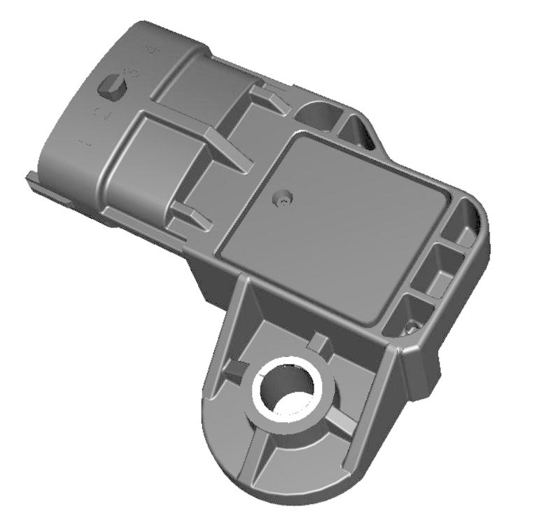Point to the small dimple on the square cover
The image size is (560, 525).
pos(282,200)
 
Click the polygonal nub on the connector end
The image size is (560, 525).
pos(113,88)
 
